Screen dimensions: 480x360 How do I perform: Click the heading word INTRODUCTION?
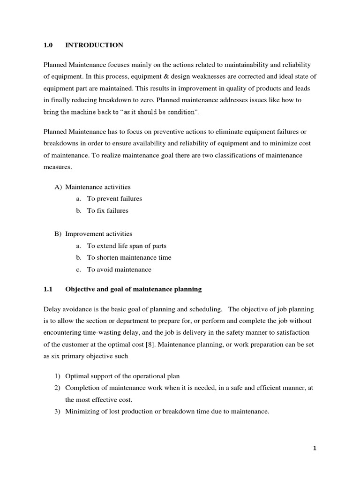(94, 45)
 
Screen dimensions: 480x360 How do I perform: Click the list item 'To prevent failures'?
(114, 199)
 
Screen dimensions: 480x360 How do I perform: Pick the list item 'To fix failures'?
(107, 211)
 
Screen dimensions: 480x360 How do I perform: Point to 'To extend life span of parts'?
(127, 246)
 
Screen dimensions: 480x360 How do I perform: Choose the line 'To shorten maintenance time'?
(129, 257)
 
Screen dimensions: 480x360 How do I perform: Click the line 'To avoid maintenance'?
(119, 270)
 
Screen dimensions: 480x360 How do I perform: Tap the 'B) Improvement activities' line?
(93, 233)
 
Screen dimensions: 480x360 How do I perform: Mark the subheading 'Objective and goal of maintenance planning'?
(133, 289)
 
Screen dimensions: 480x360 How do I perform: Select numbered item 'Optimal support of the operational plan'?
(122, 376)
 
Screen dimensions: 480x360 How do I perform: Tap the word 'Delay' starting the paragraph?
(52, 309)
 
